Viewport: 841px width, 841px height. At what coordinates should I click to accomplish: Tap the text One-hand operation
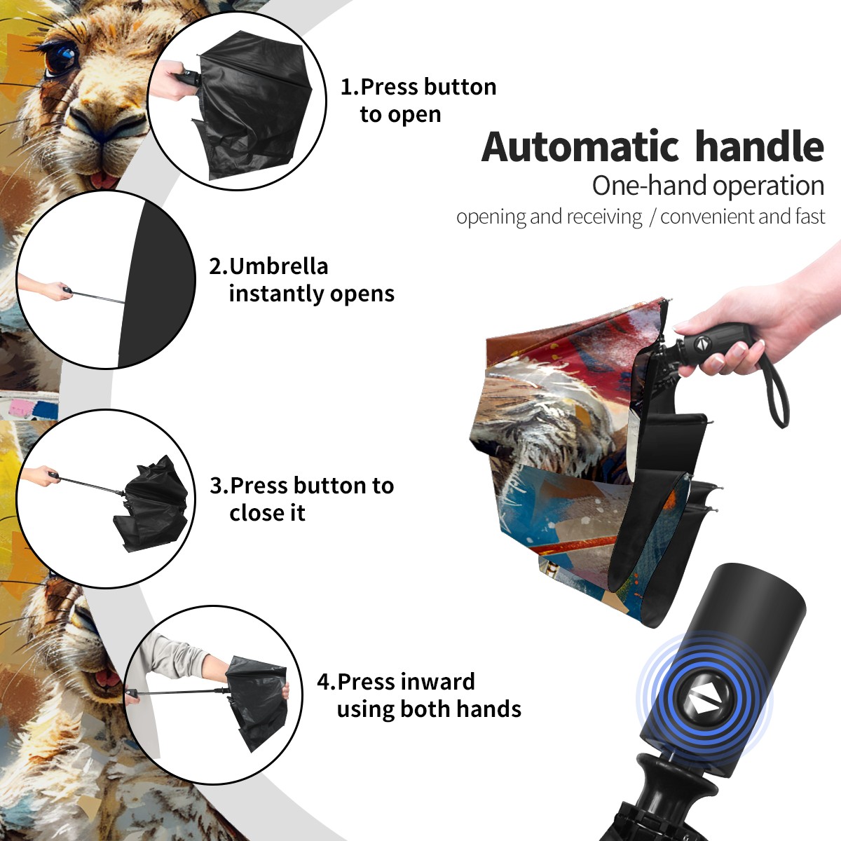click(708, 186)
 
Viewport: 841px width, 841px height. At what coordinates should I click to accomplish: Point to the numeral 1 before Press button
click(346, 88)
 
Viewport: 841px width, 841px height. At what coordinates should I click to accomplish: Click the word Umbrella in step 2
click(278, 266)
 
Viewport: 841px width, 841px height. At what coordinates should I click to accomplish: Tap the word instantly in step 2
click(276, 294)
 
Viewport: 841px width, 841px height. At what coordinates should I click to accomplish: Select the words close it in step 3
click(267, 513)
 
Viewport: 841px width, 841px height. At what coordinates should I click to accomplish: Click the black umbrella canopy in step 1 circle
click(253, 104)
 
